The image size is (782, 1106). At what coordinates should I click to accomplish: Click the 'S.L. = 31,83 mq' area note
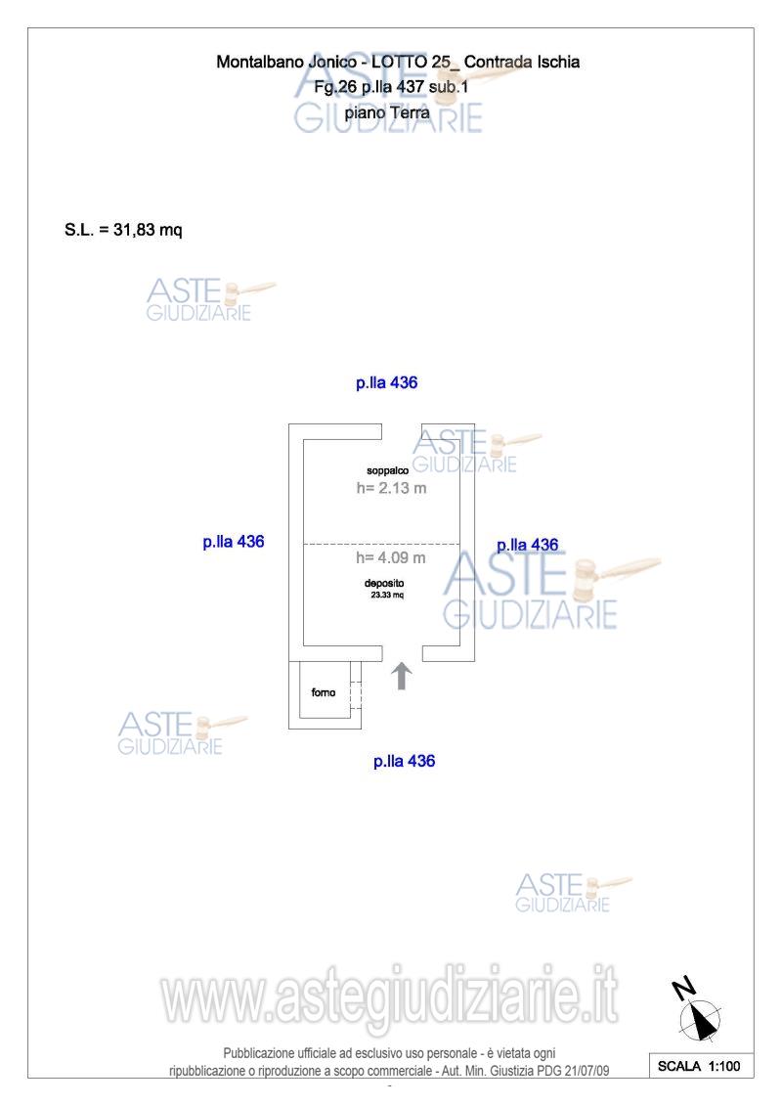(123, 230)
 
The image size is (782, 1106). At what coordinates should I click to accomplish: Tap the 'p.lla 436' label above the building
(386, 383)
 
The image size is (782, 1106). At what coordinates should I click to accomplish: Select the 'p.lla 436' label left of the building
(234, 542)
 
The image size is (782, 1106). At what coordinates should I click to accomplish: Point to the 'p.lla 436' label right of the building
(528, 546)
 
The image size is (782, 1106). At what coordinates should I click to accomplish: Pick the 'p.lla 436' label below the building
(404, 761)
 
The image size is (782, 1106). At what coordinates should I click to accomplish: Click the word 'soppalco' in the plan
(387, 470)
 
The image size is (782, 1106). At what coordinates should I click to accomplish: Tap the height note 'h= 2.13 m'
(391, 487)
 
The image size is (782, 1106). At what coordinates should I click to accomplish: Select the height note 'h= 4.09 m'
(391, 557)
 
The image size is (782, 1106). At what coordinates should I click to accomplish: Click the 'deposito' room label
(384, 584)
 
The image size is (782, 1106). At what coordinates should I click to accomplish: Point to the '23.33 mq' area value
(387, 596)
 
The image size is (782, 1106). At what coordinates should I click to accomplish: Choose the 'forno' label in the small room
(323, 692)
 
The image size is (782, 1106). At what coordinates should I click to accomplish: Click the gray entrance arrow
(402, 676)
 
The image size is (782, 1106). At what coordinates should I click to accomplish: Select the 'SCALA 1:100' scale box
(700, 1066)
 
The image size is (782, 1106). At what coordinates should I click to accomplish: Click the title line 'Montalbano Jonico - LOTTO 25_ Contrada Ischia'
(398, 62)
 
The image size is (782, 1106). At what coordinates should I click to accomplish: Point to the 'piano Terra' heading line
(387, 112)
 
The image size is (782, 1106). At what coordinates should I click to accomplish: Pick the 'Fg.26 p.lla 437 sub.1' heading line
(391, 87)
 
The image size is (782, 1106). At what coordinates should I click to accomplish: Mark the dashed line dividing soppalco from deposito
(381, 544)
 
